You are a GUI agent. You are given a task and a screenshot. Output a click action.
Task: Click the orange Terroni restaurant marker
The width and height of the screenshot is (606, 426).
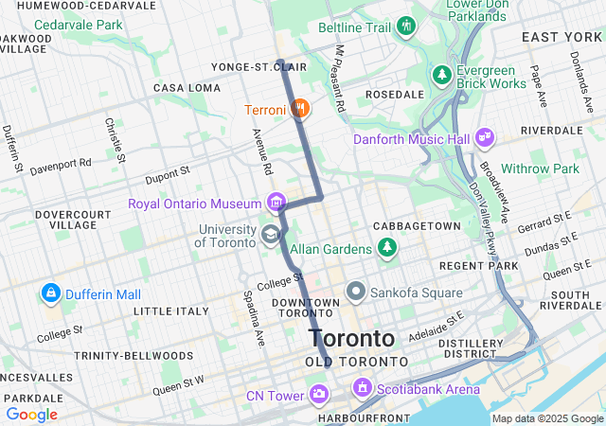coord(300,109)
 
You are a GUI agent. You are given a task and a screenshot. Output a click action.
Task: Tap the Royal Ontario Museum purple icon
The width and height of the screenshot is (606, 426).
coord(276,203)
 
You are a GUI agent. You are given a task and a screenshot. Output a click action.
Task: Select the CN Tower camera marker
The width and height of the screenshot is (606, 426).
coord(320,393)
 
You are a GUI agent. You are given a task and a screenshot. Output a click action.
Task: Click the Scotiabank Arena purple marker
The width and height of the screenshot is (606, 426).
coord(361,388)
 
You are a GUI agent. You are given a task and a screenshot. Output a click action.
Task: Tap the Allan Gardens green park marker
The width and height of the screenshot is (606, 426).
coord(386,248)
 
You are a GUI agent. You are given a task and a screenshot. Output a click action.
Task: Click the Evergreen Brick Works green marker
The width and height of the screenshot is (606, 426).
coord(441,74)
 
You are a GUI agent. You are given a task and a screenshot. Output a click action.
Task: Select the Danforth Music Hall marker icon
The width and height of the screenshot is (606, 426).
coord(485,138)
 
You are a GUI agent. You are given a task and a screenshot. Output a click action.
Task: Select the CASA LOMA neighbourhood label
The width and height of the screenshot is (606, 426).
coord(187,88)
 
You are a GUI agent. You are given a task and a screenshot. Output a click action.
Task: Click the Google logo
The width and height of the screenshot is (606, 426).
coord(31,414)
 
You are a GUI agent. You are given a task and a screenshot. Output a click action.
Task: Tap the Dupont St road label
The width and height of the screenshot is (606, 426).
coord(168,177)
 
